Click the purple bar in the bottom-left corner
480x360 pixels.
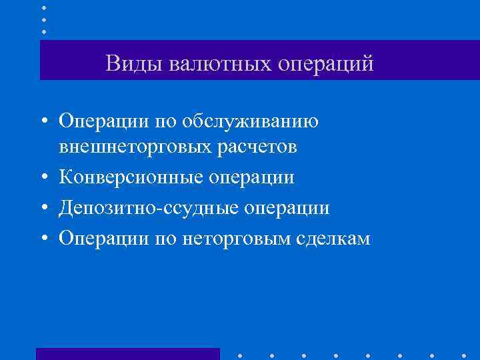tap(127, 353)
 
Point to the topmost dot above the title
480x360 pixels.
tap(44, 7)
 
